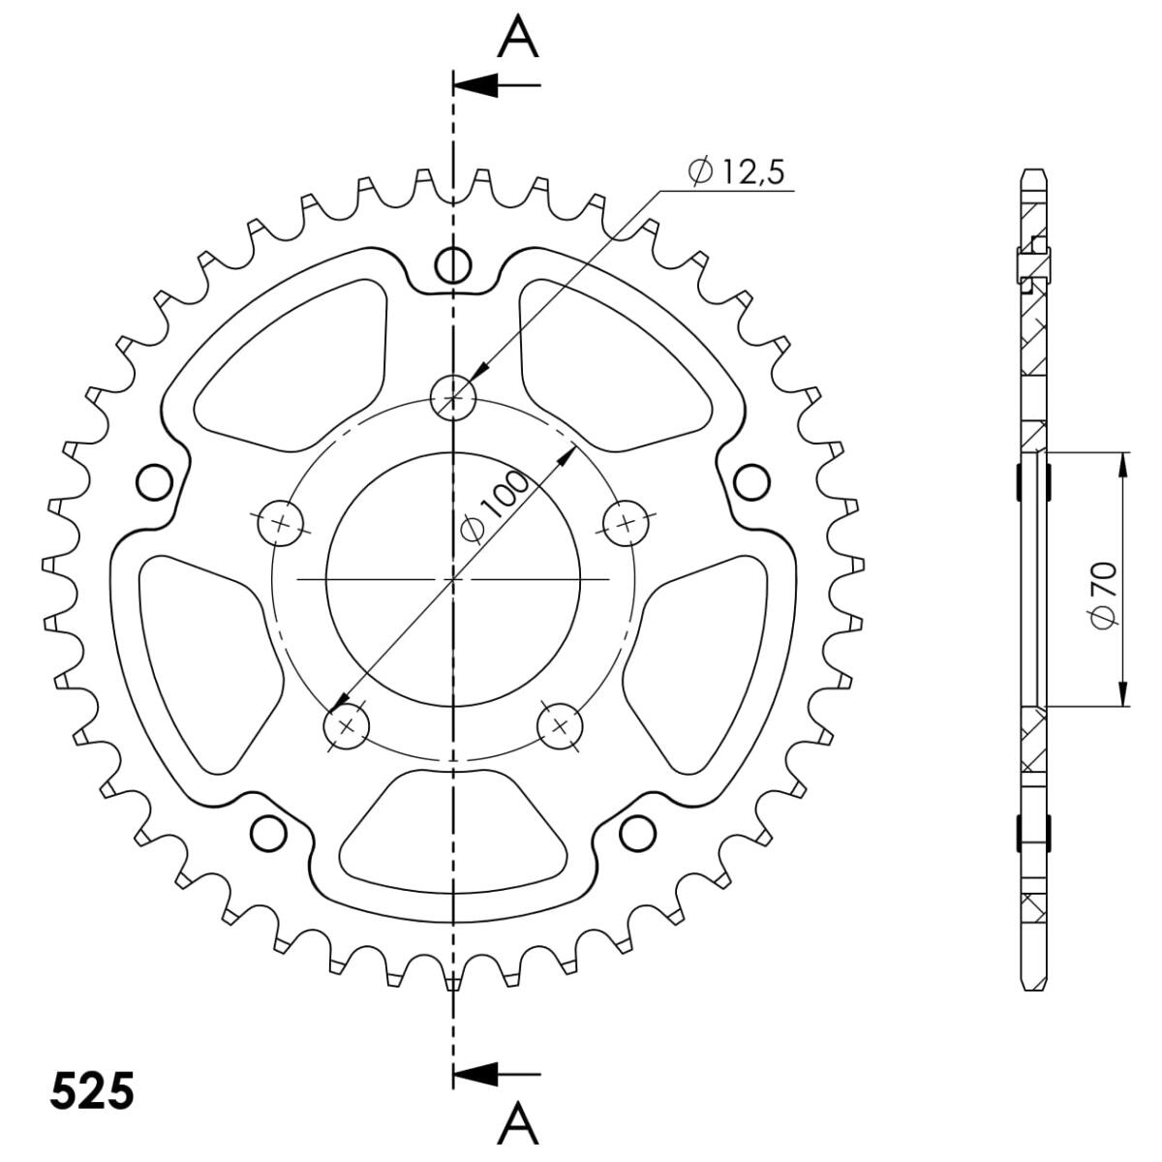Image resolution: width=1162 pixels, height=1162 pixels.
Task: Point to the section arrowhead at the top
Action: (475, 85)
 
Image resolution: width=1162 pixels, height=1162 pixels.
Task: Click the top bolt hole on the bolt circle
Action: (453, 397)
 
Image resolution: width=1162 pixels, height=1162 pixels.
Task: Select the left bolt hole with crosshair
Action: (280, 523)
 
